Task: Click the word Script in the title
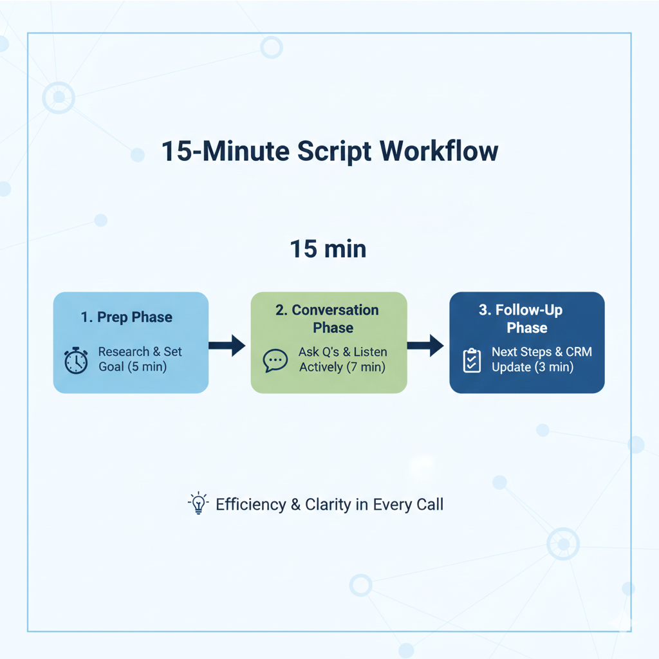tap(334, 152)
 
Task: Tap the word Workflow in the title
tap(439, 151)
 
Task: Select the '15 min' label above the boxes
tap(328, 249)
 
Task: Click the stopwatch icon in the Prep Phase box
tap(76, 360)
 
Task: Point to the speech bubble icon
tap(275, 360)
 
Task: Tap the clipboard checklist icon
tap(472, 360)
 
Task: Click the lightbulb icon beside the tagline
tap(198, 503)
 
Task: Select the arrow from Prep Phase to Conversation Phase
tap(227, 346)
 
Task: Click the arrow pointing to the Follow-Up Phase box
tap(425, 346)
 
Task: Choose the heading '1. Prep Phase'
tap(127, 317)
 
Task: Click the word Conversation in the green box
tap(335, 310)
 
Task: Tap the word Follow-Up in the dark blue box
tap(529, 310)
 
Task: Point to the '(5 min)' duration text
tap(147, 367)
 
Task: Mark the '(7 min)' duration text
tap(366, 367)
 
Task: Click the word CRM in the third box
tap(579, 352)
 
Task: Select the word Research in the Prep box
tap(124, 352)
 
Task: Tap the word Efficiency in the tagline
tap(251, 505)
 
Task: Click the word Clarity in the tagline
tap(328, 505)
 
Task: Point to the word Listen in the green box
tap(370, 352)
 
